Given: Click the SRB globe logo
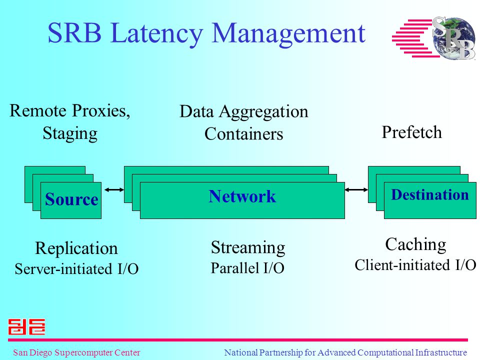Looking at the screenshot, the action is click(x=434, y=37).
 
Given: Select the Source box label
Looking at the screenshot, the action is click(x=71, y=199).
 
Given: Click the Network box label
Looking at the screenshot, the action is click(x=242, y=196).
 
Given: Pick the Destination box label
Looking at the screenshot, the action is click(x=430, y=194).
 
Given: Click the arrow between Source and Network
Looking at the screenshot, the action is click(x=114, y=190).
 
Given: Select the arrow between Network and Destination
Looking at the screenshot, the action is click(x=356, y=190).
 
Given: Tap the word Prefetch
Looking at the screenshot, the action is click(x=411, y=132).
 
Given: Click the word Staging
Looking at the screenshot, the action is click(x=70, y=133).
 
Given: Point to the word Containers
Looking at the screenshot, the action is click(x=243, y=134).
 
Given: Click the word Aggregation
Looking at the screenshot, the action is click(x=263, y=112).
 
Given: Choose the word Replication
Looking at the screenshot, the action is click(x=76, y=248).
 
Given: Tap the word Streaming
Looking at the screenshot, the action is click(x=248, y=247).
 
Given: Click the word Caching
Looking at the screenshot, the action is click(x=415, y=245).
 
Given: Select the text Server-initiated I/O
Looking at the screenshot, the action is click(x=77, y=269).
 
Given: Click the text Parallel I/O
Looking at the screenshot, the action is click(x=247, y=268).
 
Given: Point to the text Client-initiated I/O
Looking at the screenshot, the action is click(x=415, y=265).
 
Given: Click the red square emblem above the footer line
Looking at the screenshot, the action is click(x=26, y=326).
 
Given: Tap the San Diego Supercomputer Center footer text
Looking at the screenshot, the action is click(x=76, y=352).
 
